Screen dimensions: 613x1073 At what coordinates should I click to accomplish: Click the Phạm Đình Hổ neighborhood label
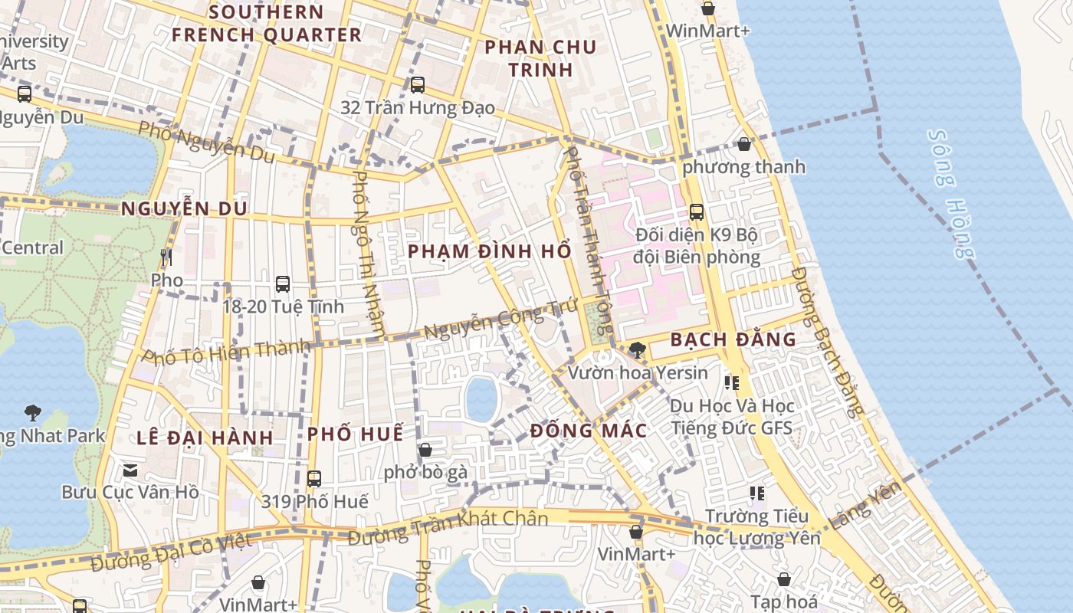click(x=489, y=251)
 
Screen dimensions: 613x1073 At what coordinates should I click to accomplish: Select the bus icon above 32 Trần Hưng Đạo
click(x=418, y=85)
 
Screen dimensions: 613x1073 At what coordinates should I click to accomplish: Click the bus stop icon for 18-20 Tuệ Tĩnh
click(x=283, y=284)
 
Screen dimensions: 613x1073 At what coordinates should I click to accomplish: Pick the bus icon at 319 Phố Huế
click(x=314, y=479)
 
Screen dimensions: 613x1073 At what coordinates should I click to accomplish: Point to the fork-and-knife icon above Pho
click(x=166, y=257)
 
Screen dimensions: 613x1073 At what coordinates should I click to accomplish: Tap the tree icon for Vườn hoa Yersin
click(x=637, y=350)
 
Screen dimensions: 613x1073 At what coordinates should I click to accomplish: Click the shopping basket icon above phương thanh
click(x=743, y=144)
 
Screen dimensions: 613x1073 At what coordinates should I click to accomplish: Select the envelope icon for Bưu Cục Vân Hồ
click(x=130, y=469)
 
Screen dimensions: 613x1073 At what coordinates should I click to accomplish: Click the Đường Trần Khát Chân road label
click(x=448, y=528)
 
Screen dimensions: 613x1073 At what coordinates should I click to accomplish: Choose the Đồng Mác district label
click(x=588, y=431)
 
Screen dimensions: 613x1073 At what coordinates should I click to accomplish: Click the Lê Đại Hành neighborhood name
click(x=205, y=438)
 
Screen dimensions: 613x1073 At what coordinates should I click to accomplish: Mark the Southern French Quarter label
click(x=266, y=24)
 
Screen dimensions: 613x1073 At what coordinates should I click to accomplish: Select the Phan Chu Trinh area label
click(x=540, y=58)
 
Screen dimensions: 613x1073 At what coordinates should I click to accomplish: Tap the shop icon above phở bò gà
click(x=425, y=450)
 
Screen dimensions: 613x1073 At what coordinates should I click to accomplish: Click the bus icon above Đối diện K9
click(x=696, y=212)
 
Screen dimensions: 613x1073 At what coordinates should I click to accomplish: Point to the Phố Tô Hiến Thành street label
click(x=227, y=351)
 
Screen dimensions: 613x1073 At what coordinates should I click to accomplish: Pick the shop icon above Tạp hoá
click(x=784, y=579)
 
